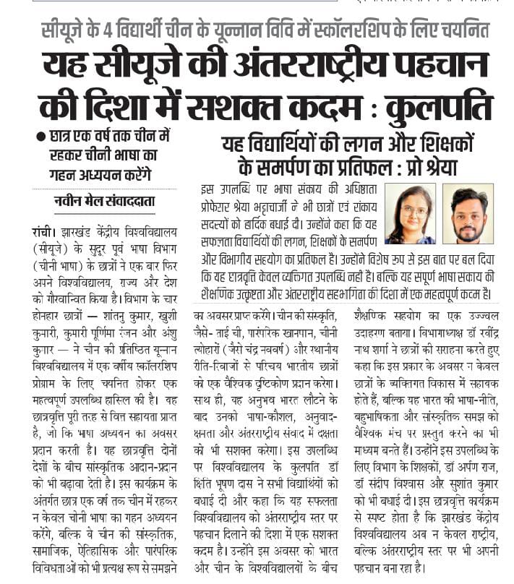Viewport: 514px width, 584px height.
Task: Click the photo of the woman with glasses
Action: pyautogui.click(x=410, y=213)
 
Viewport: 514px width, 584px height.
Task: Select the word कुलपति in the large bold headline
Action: pyautogui.click(x=439, y=106)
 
